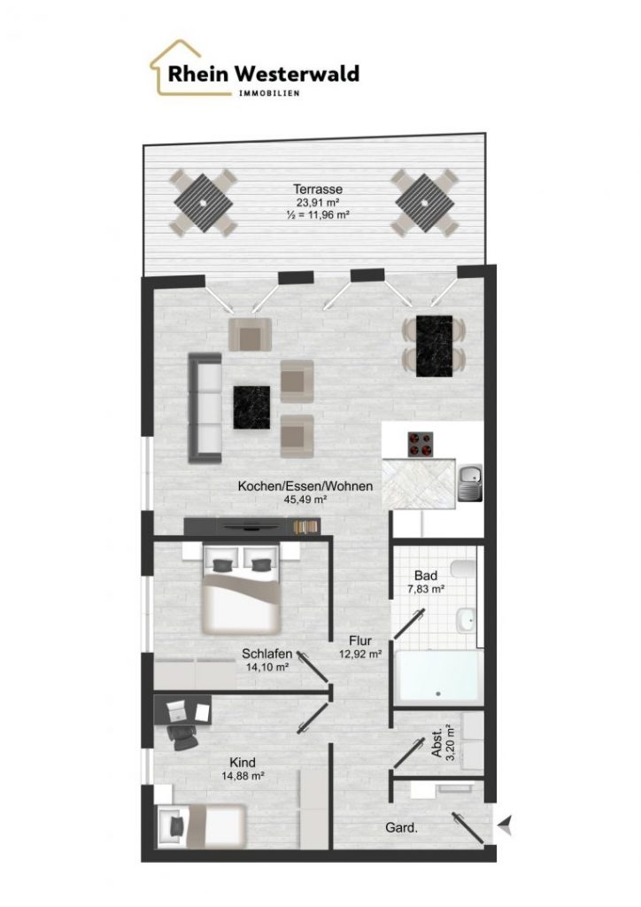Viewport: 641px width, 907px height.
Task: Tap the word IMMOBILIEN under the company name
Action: [269, 93]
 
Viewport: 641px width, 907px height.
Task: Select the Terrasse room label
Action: [317, 190]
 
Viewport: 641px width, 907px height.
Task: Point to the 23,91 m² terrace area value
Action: [317, 203]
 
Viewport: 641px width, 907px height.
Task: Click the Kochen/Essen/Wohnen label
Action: [305, 486]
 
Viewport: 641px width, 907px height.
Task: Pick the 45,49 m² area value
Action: [305, 500]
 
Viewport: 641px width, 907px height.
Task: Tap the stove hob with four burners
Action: [421, 445]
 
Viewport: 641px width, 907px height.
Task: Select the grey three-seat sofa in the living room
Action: [205, 407]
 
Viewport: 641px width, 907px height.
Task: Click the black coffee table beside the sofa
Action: [251, 407]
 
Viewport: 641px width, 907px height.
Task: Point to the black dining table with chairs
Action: [434, 346]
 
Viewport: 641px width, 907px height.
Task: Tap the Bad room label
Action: [425, 576]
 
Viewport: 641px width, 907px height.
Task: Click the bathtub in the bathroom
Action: [439, 678]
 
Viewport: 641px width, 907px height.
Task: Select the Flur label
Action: [360, 641]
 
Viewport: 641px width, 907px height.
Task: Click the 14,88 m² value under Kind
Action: [243, 776]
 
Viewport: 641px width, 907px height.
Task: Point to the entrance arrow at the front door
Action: [506, 824]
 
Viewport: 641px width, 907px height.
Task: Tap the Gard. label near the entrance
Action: [401, 828]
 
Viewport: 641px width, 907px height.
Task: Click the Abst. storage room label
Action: [437, 742]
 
